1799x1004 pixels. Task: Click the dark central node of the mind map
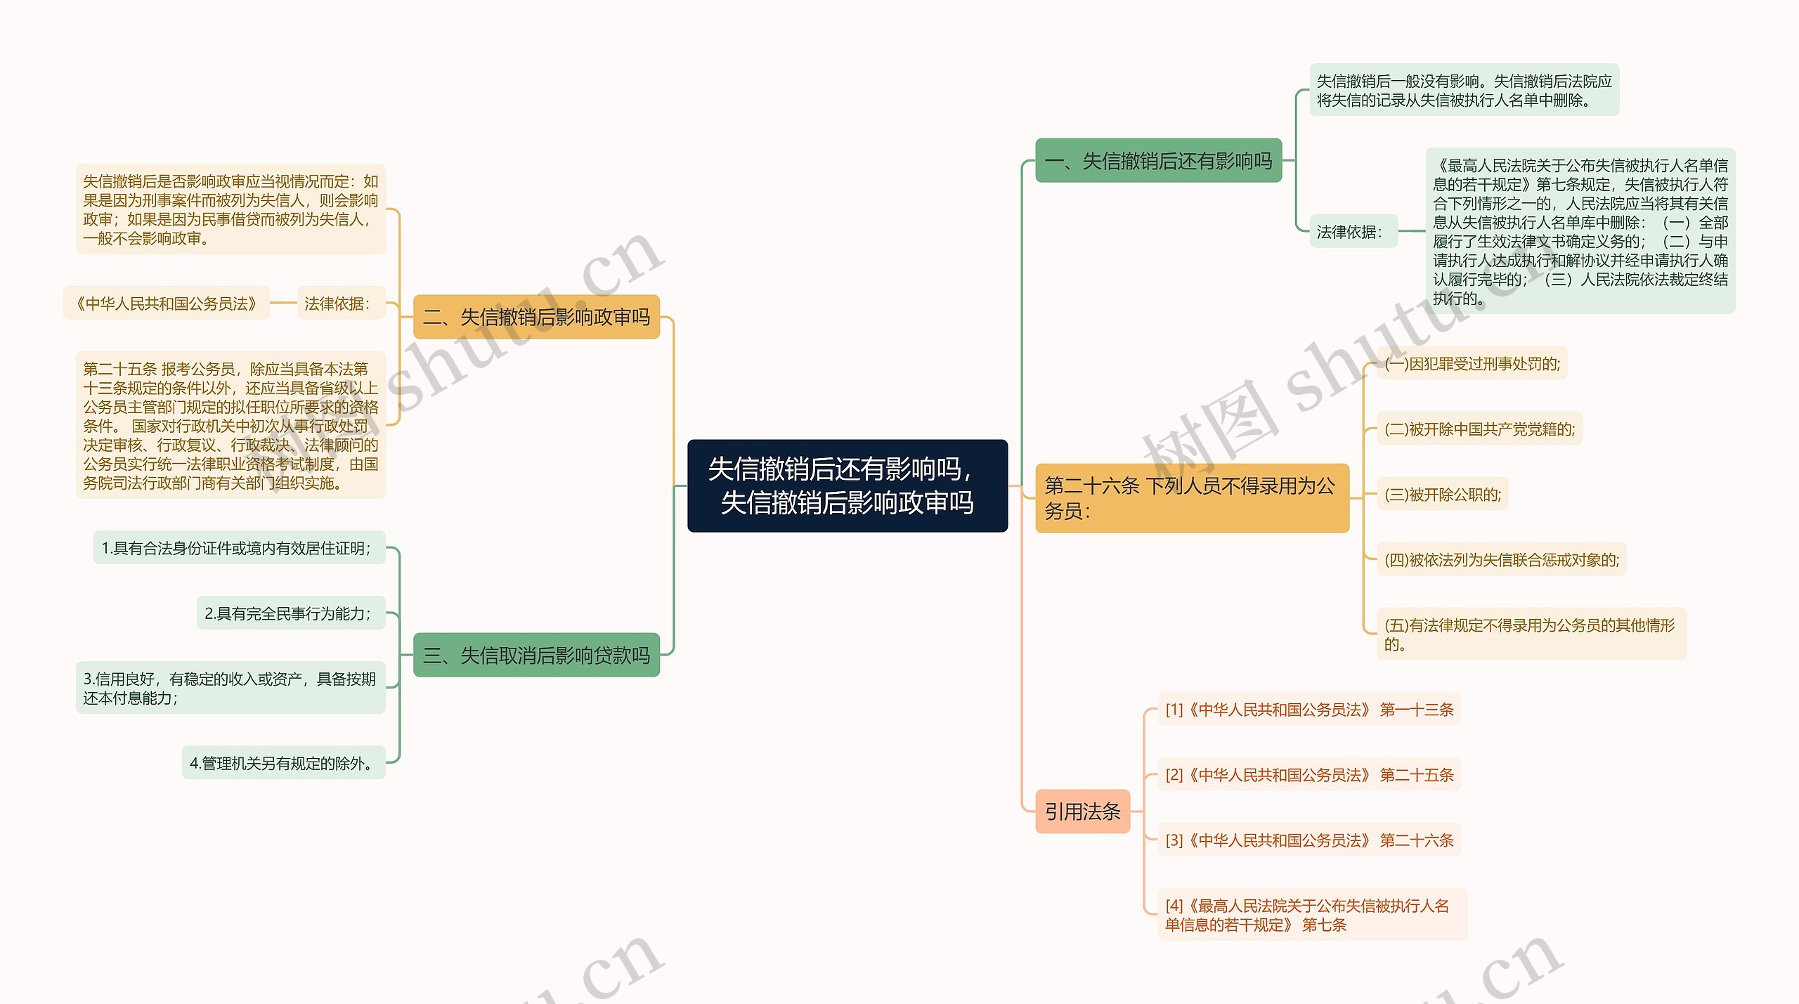pyautogui.click(x=847, y=485)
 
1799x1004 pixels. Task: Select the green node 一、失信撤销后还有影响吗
pyautogui.click(x=1158, y=161)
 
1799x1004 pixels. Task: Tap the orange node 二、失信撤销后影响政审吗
pyautogui.click(x=536, y=317)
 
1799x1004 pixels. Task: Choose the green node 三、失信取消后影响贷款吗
pyautogui.click(x=536, y=655)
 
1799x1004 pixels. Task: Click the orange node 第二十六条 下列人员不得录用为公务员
pyautogui.click(x=1192, y=497)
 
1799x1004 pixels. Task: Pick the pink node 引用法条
pyautogui.click(x=1082, y=811)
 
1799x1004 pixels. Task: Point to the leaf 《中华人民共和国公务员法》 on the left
pyautogui.click(x=167, y=304)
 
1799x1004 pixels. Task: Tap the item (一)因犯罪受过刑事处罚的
pyautogui.click(x=1472, y=364)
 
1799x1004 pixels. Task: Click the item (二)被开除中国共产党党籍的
pyautogui.click(x=1479, y=429)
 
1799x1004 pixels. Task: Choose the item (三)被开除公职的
pyautogui.click(x=1442, y=494)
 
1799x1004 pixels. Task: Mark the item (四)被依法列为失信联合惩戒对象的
pyautogui.click(x=1501, y=559)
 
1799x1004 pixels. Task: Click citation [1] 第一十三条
pyautogui.click(x=1308, y=710)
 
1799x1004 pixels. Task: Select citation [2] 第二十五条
pyautogui.click(x=1308, y=774)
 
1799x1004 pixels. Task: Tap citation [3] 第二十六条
pyautogui.click(x=1308, y=840)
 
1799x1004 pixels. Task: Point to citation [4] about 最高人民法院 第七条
pyautogui.click(x=1311, y=915)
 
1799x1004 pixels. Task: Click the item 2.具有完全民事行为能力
pyautogui.click(x=290, y=613)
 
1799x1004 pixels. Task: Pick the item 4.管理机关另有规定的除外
pyautogui.click(x=283, y=763)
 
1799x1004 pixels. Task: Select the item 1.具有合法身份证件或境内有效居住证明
pyautogui.click(x=239, y=548)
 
